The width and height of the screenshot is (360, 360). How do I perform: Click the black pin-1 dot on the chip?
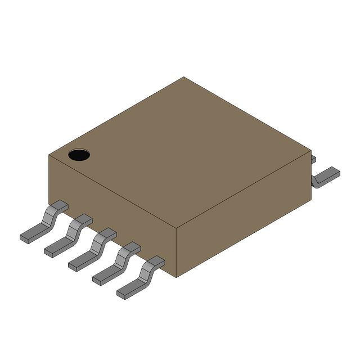(79, 155)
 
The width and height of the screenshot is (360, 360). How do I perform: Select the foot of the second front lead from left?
(55, 248)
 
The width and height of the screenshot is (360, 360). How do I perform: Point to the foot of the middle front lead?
(79, 262)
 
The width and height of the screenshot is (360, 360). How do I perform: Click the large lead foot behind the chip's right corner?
(327, 177)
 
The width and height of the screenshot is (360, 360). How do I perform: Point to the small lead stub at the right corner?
(313, 160)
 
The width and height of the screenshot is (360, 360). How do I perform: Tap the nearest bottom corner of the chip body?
(176, 277)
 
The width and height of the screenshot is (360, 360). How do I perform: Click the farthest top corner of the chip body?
(184, 78)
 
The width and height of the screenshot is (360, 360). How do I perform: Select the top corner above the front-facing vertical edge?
(177, 229)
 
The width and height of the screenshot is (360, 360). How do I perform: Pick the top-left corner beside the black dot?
(49, 153)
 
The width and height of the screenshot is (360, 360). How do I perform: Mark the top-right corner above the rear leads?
(310, 150)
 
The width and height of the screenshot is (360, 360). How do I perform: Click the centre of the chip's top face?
(180, 153)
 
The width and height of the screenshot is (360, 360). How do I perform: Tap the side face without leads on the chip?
(244, 217)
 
